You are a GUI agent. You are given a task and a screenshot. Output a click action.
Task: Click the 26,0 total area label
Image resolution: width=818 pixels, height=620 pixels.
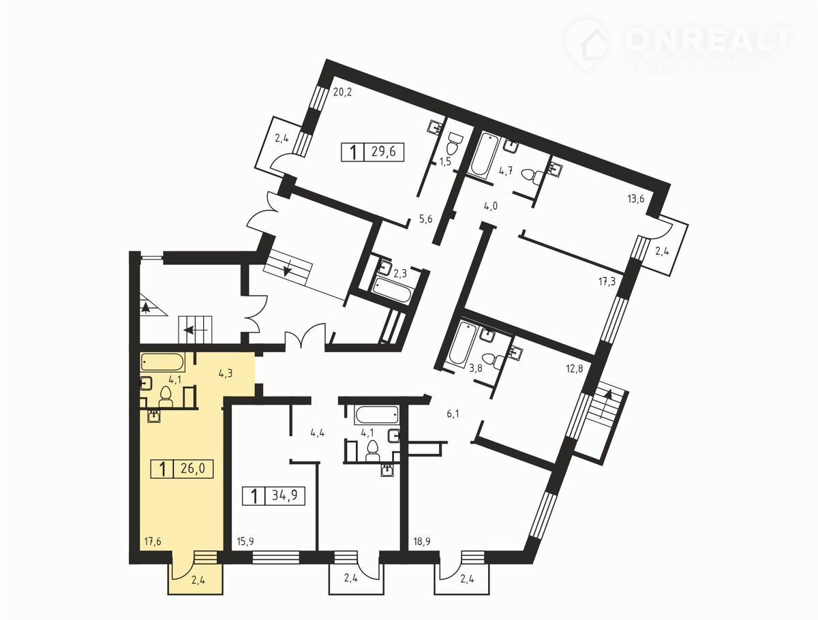pyautogui.click(x=193, y=469)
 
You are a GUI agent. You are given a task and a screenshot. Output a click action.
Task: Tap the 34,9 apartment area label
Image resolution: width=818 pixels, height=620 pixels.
pyautogui.click(x=285, y=495)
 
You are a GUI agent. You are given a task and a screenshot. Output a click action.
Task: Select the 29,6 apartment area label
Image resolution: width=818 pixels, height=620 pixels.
pyautogui.click(x=384, y=152)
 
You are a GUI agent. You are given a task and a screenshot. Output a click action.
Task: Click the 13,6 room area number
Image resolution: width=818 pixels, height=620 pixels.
pyautogui.click(x=636, y=198)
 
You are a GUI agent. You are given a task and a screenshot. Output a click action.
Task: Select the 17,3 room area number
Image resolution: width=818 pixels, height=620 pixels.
pyautogui.click(x=607, y=281)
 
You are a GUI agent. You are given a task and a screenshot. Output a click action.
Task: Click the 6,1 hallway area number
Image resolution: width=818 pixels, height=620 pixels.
pyautogui.click(x=453, y=414)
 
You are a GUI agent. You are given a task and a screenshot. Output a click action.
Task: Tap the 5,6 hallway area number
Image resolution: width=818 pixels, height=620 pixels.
pyautogui.click(x=425, y=219)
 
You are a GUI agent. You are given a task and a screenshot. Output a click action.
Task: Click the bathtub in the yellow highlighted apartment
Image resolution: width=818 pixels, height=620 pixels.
pyautogui.click(x=163, y=362)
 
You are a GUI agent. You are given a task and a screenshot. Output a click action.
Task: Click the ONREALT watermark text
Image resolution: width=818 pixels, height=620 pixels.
pyautogui.click(x=708, y=40)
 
